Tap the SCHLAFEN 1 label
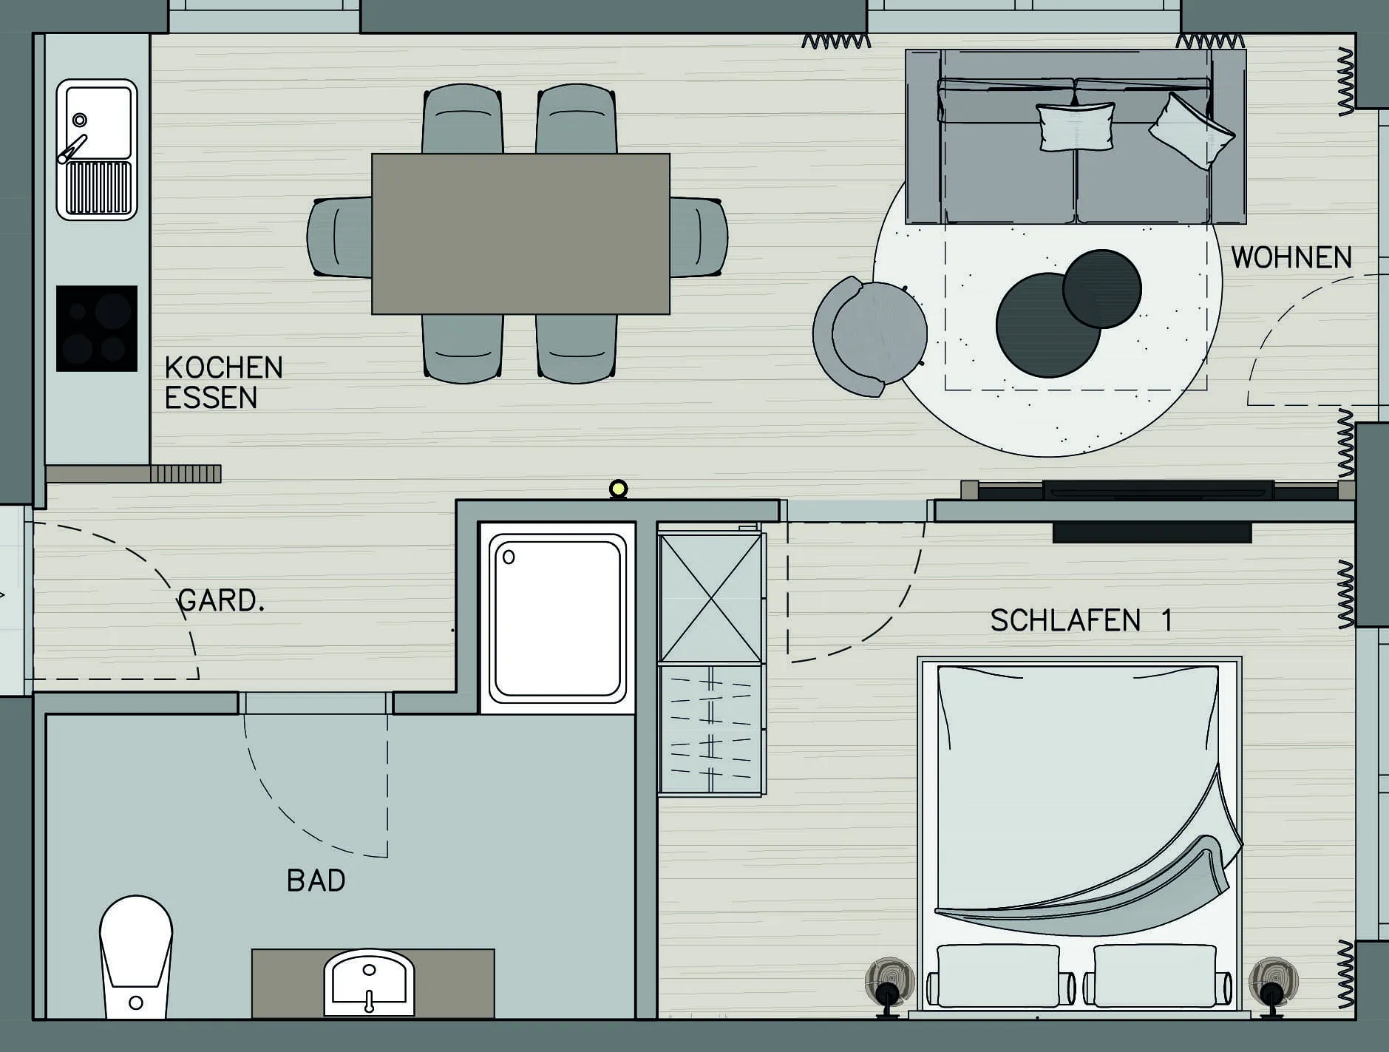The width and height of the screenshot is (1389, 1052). point(1081,620)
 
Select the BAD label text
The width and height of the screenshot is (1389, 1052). point(316,880)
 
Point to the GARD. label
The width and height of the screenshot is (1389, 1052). point(221,600)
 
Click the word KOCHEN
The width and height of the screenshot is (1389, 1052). point(224,367)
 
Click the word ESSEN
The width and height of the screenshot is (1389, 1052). point(211,398)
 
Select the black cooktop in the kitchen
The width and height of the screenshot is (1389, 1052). point(97,328)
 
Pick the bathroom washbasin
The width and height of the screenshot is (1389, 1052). point(369,983)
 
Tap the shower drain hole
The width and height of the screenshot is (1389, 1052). point(509,557)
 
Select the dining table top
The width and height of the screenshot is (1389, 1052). point(520,234)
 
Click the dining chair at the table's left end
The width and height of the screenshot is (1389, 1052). point(339,237)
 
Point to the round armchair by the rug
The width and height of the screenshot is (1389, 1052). point(870,336)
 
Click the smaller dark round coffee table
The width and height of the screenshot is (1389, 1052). point(1101,288)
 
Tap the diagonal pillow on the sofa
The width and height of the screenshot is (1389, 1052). point(1190,132)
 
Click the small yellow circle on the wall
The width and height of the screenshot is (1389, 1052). point(618,489)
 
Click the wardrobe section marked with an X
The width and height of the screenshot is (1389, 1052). point(710,598)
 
